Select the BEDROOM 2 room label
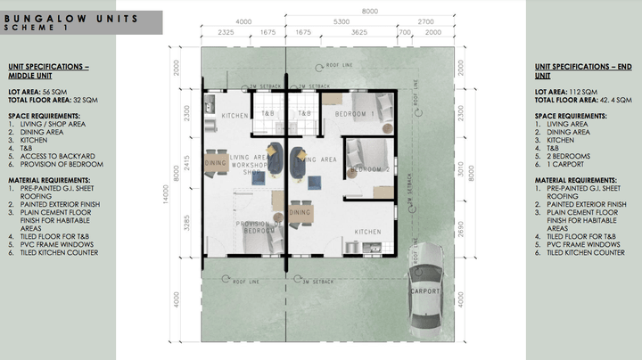tap(368, 168)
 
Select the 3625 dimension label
tap(358, 31)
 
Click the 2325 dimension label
tap(225, 31)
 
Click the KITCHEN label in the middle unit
tap(235, 116)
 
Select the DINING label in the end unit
tap(300, 212)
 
